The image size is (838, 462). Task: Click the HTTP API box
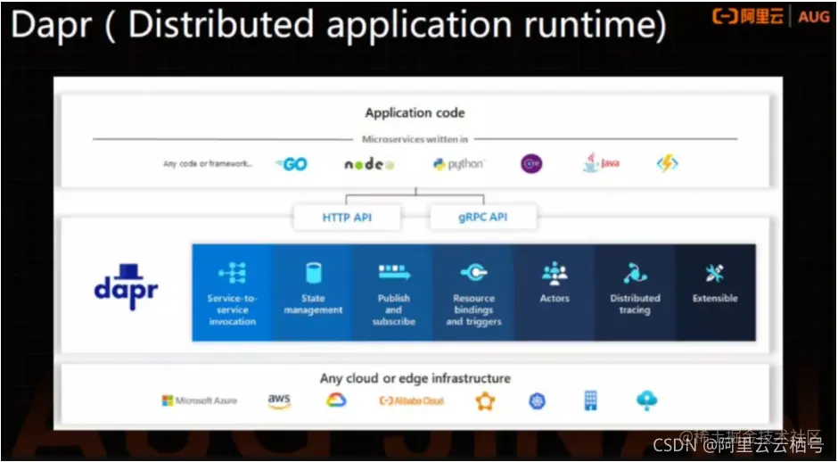347,217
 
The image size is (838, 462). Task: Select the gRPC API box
483,217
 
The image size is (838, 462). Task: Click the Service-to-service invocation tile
232,293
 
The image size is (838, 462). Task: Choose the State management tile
313,293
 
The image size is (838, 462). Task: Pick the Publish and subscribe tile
393,293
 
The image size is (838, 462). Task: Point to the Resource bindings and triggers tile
473,293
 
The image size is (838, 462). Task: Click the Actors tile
555,293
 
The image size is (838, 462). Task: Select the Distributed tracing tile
635,293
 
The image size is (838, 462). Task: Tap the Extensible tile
715,293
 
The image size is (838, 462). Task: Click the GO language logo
292,164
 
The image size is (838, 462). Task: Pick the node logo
368,164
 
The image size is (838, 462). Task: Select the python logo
458,164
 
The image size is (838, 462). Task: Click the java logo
601,164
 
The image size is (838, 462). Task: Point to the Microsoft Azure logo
199,400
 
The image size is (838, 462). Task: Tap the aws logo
279,400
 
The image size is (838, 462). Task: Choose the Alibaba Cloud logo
411,400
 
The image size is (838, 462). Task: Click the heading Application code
415,113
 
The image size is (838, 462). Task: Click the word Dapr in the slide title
50,24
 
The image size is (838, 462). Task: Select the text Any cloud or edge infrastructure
415,378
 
